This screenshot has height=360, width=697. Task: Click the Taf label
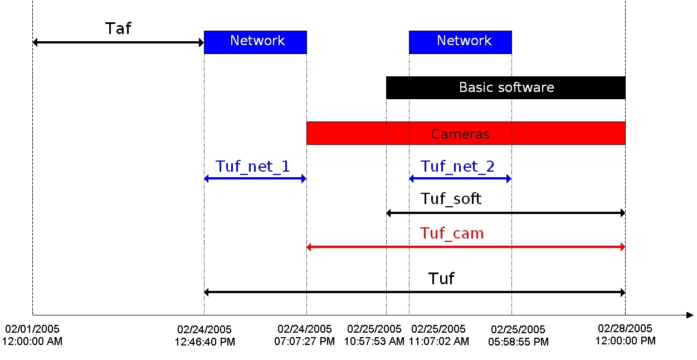pyautogui.click(x=118, y=28)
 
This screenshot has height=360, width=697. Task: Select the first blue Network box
pyautogui.click(x=255, y=42)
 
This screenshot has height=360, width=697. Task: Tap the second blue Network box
pyautogui.click(x=460, y=42)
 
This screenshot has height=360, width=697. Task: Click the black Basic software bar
pyautogui.click(x=506, y=87)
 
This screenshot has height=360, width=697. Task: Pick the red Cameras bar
pyautogui.click(x=466, y=133)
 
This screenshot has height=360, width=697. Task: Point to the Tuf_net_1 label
pyautogui.click(x=253, y=166)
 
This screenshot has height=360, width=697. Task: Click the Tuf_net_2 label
pyautogui.click(x=457, y=166)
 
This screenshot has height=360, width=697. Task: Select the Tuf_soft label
pyautogui.click(x=451, y=198)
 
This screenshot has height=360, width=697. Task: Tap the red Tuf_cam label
pyautogui.click(x=452, y=233)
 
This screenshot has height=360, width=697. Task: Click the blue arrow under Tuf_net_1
pyautogui.click(x=255, y=179)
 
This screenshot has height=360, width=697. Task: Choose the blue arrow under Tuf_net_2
pyautogui.click(x=460, y=179)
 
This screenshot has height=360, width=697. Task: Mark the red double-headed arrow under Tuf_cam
pyautogui.click(x=466, y=247)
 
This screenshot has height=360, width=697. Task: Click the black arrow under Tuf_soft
pyautogui.click(x=506, y=213)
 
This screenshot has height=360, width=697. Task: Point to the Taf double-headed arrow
pyautogui.click(x=118, y=42)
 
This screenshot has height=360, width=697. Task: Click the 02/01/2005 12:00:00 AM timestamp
pyautogui.click(x=32, y=335)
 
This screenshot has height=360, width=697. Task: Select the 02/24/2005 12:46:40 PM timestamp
pyautogui.click(x=204, y=335)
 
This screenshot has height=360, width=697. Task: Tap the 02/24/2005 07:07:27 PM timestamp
pyautogui.click(x=305, y=335)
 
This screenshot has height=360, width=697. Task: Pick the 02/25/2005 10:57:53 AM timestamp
pyautogui.click(x=374, y=335)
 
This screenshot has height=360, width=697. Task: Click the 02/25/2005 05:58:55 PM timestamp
pyautogui.click(x=519, y=335)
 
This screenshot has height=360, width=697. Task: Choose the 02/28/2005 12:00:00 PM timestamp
pyautogui.click(x=625, y=334)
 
